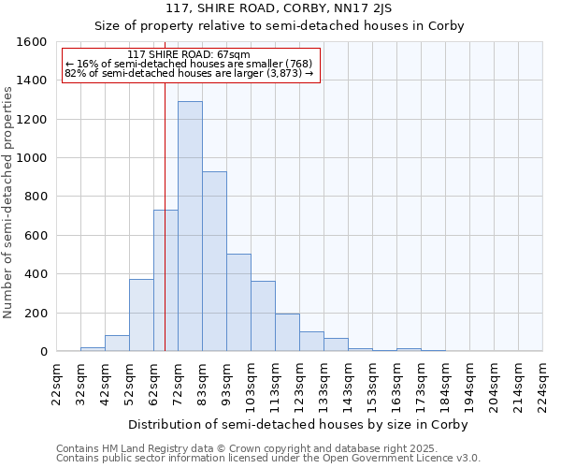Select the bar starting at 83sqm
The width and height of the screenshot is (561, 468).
tap(214, 261)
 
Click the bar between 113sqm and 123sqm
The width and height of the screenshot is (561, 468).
tap(287, 332)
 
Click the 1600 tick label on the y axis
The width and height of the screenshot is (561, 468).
tap(33, 42)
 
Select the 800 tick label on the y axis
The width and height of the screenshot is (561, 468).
tap(36, 197)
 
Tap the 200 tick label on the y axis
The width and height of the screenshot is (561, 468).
tap(36, 313)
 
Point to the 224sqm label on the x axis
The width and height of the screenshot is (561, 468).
tap(543, 384)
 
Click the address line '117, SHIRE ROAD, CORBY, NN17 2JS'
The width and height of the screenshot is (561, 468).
tap(280, 8)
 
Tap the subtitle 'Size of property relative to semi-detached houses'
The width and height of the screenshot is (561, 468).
tap(280, 25)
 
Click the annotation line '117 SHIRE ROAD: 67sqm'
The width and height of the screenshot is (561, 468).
tap(189, 55)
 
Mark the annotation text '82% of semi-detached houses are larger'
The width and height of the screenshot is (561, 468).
tap(189, 74)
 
